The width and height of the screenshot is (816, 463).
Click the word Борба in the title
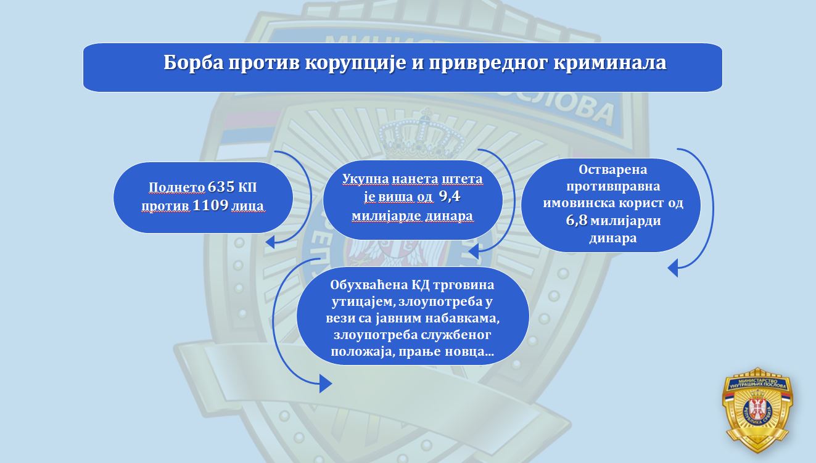click(x=194, y=63)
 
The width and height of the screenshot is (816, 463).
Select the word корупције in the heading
click(x=355, y=64)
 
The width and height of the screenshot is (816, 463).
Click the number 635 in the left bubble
click(x=221, y=187)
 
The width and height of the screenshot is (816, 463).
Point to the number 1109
click(x=210, y=205)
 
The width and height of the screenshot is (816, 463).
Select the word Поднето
click(x=176, y=187)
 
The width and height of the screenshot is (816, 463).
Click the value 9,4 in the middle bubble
click(x=450, y=197)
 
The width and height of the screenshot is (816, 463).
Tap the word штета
click(x=462, y=179)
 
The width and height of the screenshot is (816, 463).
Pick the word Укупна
click(x=366, y=179)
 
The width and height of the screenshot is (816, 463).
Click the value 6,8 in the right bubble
click(x=577, y=221)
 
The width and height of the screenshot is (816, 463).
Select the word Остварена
click(x=612, y=170)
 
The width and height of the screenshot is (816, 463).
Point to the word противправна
click(x=612, y=187)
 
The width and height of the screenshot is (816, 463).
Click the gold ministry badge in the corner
click(x=757, y=410)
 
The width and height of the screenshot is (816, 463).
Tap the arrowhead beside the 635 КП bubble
click(x=270, y=242)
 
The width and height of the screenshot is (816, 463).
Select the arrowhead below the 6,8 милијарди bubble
click(x=673, y=268)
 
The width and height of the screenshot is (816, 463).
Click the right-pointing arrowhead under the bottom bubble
click(x=326, y=383)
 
